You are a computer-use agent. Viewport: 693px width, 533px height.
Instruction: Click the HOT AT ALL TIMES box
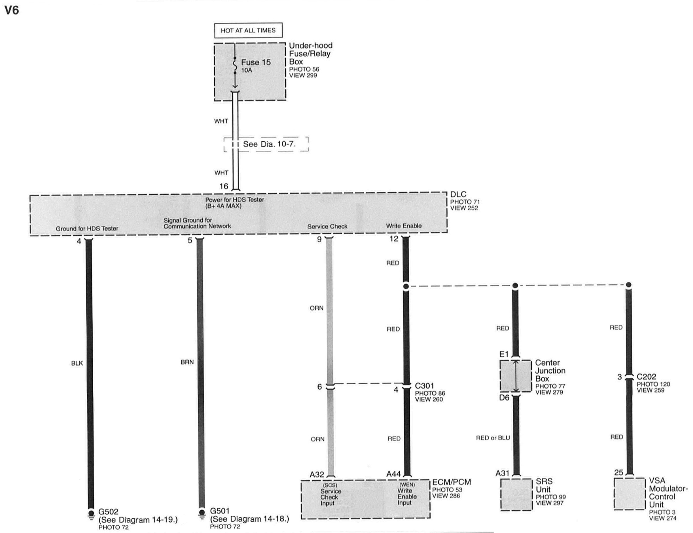coord(248,30)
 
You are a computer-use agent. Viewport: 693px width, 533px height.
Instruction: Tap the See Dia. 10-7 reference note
coord(269,144)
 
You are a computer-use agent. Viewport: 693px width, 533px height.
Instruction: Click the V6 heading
coord(12,10)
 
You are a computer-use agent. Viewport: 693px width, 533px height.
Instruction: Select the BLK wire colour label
coord(77,363)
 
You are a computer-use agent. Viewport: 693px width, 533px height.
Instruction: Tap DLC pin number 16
coord(224,186)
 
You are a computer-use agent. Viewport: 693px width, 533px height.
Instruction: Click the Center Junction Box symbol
coord(516,376)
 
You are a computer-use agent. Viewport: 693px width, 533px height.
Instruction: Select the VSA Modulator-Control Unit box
coord(629,494)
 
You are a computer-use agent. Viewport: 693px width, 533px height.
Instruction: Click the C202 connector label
coord(646,377)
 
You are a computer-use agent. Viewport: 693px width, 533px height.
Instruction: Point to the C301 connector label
coord(424,386)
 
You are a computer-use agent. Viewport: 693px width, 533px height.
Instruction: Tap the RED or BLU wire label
coord(493,438)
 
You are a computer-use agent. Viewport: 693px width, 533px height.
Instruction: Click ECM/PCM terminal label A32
coord(317,474)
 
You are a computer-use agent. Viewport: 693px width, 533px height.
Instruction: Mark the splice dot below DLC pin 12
coord(406,287)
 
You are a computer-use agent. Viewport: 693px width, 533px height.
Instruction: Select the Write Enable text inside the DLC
coord(404,226)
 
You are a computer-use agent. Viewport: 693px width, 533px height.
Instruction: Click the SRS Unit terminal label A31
coord(502,474)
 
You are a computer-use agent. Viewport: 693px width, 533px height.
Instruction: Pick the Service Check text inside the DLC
coord(327,226)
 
